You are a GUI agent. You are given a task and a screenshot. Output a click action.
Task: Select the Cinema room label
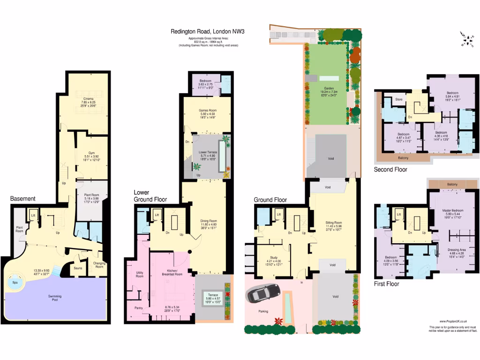tap(88, 98)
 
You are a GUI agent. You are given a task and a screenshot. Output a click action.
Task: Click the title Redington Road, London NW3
tap(208, 32)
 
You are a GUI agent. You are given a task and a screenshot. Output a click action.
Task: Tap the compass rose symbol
tap(467, 39)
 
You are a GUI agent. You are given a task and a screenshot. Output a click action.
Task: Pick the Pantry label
tap(139, 307)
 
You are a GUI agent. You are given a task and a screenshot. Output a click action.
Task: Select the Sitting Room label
tap(334, 223)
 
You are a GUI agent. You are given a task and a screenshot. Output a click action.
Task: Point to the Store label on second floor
tap(399, 99)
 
